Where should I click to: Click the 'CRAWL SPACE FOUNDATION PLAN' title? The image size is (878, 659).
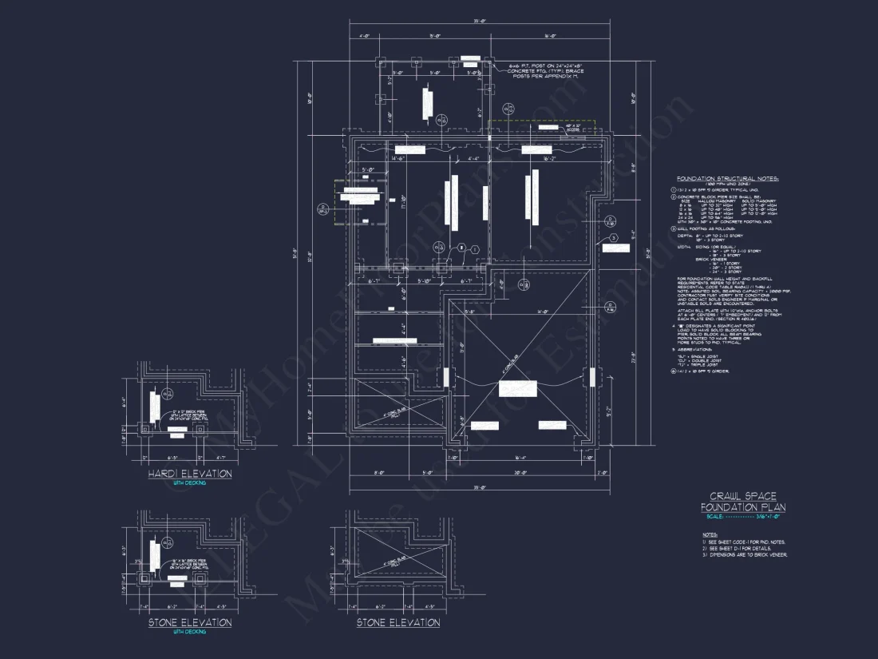pyautogui.click(x=742, y=502)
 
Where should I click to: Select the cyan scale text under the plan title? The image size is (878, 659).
pyautogui.click(x=742, y=517)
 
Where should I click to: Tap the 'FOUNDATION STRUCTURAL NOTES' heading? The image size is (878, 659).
pyautogui.click(x=727, y=178)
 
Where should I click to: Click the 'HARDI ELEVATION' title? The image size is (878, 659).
pyautogui.click(x=190, y=474)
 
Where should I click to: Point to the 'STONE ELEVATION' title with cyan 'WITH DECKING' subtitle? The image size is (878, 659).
pyautogui.click(x=190, y=622)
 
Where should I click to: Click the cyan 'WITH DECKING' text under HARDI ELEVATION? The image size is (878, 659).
pyautogui.click(x=189, y=483)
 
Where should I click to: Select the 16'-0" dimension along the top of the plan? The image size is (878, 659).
pyautogui.click(x=549, y=36)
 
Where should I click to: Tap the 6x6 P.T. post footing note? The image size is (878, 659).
pyautogui.click(x=547, y=71)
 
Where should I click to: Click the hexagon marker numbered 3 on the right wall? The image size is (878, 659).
pyautogui.click(x=613, y=238)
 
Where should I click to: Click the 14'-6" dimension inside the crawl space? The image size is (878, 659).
pyautogui.click(x=397, y=159)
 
